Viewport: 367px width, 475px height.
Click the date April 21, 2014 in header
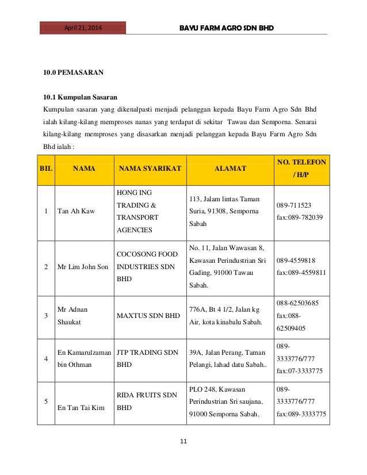click(x=83, y=27)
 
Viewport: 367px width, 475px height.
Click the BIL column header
click(x=45, y=168)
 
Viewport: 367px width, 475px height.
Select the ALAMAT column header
click(x=230, y=168)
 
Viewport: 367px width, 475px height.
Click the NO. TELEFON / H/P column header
click(x=301, y=168)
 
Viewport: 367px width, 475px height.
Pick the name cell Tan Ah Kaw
click(x=77, y=211)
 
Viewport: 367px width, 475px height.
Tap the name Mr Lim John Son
click(x=83, y=267)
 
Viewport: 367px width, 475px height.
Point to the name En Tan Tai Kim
click(x=81, y=407)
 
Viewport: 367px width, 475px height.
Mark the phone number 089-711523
click(x=294, y=205)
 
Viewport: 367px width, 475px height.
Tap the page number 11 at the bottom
click(x=183, y=442)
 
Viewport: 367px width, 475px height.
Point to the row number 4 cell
click(x=45, y=358)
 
